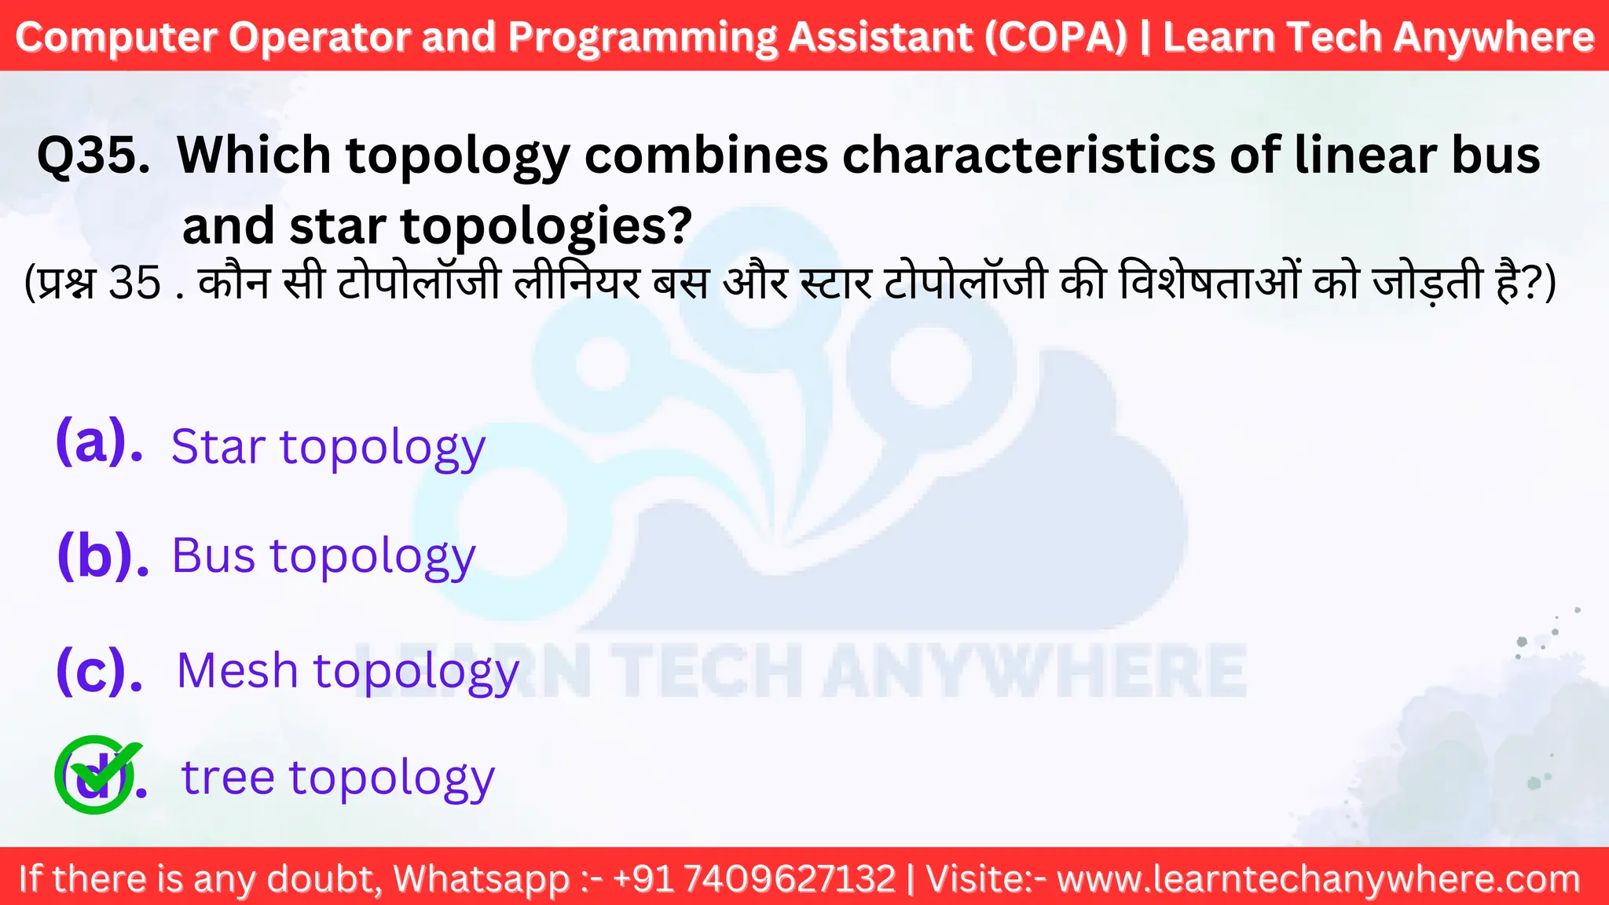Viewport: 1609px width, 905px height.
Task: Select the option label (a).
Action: (x=99, y=442)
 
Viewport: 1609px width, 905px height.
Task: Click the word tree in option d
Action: (x=228, y=777)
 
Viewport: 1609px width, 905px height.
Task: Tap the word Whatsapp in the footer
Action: (x=481, y=878)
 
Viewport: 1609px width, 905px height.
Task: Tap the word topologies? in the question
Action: (x=546, y=226)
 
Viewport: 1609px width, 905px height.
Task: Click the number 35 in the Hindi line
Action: (x=134, y=283)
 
